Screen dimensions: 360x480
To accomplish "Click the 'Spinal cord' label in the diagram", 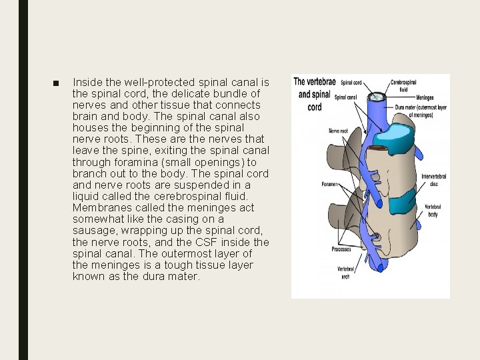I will coord(351,83).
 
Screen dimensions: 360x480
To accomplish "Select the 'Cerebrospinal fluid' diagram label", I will coord(404,85).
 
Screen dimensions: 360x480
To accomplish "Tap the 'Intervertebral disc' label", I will coord(434,181).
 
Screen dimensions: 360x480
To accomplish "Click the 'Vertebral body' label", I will coord(433,211).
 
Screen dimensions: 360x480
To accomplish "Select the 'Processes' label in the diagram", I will coord(341,249).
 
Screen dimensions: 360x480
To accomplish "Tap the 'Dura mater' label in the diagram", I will coord(420,111).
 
